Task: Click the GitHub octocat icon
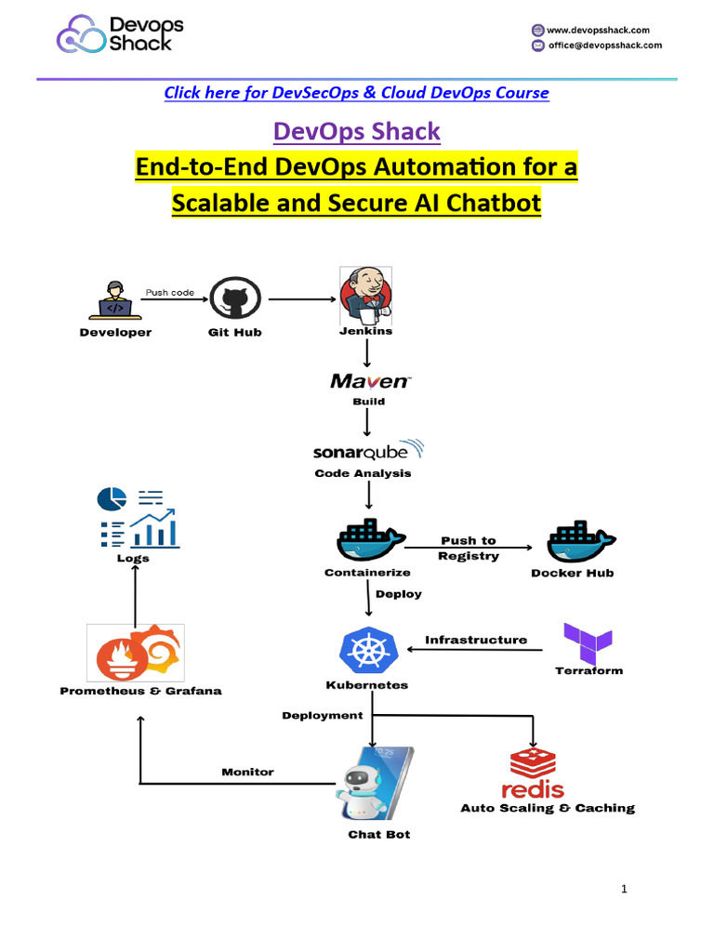click(x=235, y=299)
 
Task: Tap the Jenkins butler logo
click(x=365, y=295)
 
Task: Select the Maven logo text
click(x=369, y=381)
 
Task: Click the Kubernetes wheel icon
click(x=369, y=651)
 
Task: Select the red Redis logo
click(x=533, y=773)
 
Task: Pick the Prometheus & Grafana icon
click(x=136, y=653)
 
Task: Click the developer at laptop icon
click(x=115, y=299)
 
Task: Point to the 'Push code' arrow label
click(x=170, y=292)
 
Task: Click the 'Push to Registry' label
click(x=469, y=549)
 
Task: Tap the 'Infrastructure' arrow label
click(x=476, y=640)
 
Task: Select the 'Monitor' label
click(x=247, y=772)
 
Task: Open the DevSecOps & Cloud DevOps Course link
click(x=356, y=93)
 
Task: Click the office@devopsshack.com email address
click(x=605, y=45)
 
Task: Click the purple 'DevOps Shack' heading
click(x=356, y=132)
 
